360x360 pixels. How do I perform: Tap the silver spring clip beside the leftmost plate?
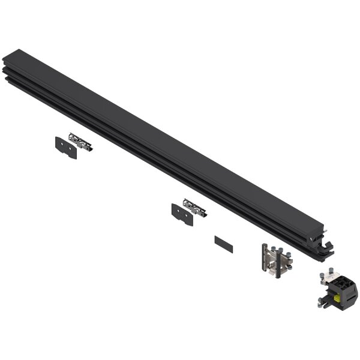(80, 142)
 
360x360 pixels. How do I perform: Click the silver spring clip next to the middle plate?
(194, 208)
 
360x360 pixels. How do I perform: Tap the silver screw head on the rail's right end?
(311, 239)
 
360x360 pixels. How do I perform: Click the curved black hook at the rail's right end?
(327, 246)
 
